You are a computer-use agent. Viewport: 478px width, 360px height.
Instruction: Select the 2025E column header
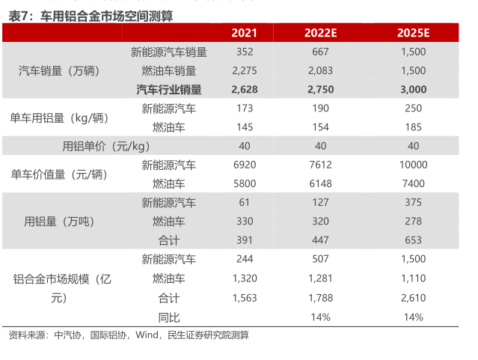tap(413, 33)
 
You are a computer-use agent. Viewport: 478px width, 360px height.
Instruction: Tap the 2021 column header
tap(244, 33)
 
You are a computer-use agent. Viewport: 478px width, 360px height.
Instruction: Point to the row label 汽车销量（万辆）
tap(58, 71)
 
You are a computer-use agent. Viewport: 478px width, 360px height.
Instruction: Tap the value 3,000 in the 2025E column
tap(413, 89)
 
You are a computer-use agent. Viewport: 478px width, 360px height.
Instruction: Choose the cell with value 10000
tap(413, 165)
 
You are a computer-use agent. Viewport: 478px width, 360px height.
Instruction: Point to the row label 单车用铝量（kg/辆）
tap(59, 118)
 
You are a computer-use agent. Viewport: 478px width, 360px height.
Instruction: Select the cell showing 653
tap(413, 240)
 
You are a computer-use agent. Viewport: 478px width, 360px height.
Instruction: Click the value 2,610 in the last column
tap(413, 298)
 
